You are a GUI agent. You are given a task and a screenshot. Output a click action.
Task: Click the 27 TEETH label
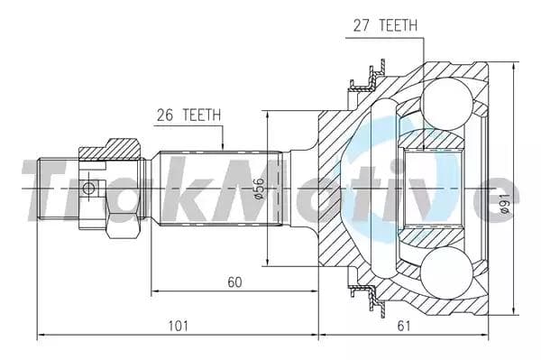pos(385,25)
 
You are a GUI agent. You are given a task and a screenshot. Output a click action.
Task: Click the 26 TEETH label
pos(188,115)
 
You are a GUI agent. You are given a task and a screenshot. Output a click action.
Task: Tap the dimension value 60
pos(235,282)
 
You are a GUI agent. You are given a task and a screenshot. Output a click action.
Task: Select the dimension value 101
pos(178,326)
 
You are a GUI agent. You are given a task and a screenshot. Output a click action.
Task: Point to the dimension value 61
pos(404,326)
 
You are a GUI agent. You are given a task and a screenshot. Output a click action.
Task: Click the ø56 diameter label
pos(259,189)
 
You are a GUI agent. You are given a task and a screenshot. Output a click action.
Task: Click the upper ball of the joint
pos(447,104)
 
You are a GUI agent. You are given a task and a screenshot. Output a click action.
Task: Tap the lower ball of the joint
pos(447,273)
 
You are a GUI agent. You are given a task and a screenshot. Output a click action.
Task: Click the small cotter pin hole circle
pos(88,189)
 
